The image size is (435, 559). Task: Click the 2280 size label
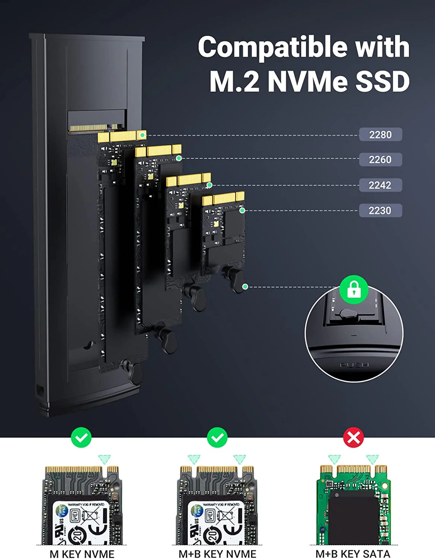pyautogui.click(x=380, y=135)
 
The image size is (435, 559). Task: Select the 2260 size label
pyautogui.click(x=380, y=160)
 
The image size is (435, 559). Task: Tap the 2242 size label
pyautogui.click(x=380, y=185)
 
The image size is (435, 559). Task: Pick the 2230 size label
pyautogui.click(x=380, y=211)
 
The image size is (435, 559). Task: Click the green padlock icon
pyautogui.click(x=354, y=289)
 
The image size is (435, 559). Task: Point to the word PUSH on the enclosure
pyautogui.click(x=354, y=365)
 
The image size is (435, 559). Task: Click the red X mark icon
pyautogui.click(x=353, y=438)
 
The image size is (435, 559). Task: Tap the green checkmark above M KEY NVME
pyautogui.click(x=81, y=438)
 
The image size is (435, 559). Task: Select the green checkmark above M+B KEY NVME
pyautogui.click(x=217, y=438)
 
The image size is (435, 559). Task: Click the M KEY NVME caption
pyautogui.click(x=82, y=554)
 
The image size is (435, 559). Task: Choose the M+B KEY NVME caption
pyautogui.click(x=217, y=554)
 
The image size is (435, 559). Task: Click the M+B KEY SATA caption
pyautogui.click(x=353, y=554)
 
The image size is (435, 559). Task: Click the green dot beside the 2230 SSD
pyautogui.click(x=242, y=211)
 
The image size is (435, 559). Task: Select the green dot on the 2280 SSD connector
pyautogui.click(x=142, y=135)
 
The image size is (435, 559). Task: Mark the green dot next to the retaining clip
pyautogui.click(x=245, y=287)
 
